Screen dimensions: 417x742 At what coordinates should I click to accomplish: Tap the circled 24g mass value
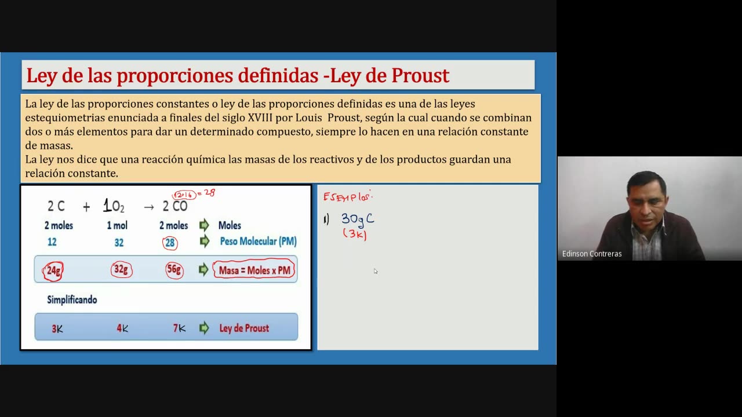(x=53, y=270)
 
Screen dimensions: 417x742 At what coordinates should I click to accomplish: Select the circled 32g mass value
(x=121, y=270)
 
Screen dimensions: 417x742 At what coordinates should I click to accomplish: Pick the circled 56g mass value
(x=173, y=270)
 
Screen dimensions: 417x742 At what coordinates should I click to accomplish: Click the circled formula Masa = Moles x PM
(x=254, y=270)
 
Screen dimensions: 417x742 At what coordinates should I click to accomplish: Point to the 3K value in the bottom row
(x=57, y=329)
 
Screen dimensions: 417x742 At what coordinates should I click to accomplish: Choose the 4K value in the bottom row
(x=122, y=328)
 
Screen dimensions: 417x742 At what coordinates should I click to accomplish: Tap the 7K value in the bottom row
(x=179, y=328)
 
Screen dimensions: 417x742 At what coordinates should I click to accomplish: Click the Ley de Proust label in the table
(x=243, y=328)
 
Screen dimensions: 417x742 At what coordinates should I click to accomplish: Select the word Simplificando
(x=72, y=300)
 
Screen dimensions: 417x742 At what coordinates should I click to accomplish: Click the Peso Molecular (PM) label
(x=258, y=242)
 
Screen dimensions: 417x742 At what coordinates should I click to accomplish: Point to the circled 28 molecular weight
(x=170, y=243)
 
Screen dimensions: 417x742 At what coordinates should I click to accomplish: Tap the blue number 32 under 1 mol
(x=119, y=243)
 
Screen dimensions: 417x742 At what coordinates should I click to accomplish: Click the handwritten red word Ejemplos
(x=347, y=197)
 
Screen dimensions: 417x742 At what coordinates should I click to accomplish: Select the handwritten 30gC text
(x=357, y=219)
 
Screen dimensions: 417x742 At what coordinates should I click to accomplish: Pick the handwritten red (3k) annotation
(x=355, y=235)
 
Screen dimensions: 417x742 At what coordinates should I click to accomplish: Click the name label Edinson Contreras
(x=592, y=254)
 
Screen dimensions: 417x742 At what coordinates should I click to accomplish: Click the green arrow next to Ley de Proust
(x=203, y=328)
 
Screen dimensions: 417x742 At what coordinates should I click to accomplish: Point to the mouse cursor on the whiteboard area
(x=376, y=271)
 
